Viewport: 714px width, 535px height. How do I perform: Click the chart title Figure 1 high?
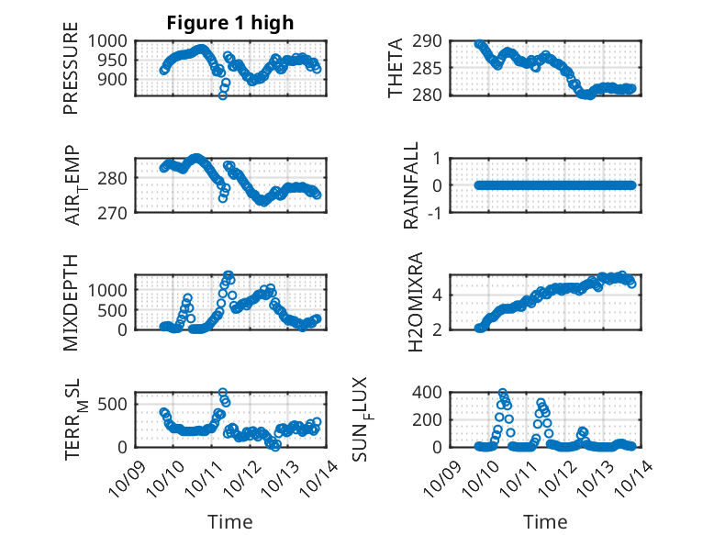230,23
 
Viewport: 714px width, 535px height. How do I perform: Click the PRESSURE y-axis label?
71,74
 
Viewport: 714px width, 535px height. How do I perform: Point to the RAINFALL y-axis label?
411,185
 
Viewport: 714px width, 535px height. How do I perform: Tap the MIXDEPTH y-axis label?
71,302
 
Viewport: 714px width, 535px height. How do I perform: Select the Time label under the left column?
230,521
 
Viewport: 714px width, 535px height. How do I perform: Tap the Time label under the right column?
545,521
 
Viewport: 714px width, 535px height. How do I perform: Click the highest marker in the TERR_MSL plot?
223,393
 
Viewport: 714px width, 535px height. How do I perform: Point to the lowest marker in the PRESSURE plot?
222,95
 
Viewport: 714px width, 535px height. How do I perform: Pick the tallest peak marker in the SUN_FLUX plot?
502,392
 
